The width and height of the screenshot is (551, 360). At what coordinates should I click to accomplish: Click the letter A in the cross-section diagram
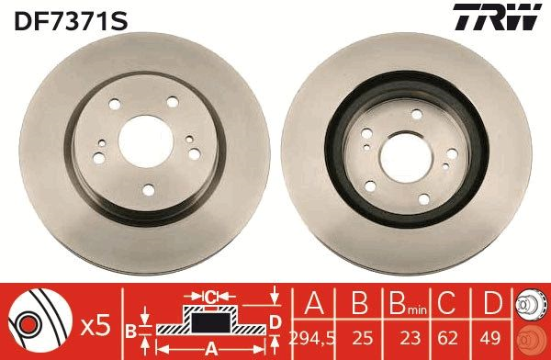(211, 349)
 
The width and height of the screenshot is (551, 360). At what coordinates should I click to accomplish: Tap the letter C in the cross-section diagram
(210, 296)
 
